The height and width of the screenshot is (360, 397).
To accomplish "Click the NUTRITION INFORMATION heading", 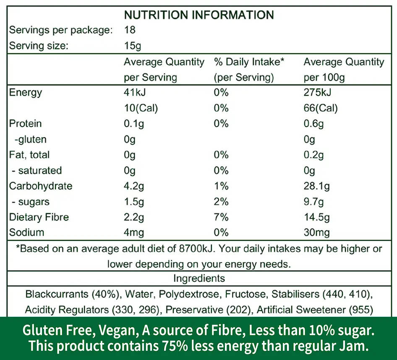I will pyautogui.click(x=198, y=15).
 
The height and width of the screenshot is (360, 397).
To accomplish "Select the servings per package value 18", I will pyautogui.click(x=130, y=30).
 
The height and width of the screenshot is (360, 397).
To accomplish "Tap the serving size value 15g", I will pyautogui.click(x=133, y=46).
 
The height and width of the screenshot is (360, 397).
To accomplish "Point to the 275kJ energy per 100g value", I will pyautogui.click(x=317, y=92).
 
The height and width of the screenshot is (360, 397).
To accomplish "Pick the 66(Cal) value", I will pyautogui.click(x=321, y=108).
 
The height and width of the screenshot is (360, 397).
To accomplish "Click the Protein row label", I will pyautogui.click(x=25, y=124).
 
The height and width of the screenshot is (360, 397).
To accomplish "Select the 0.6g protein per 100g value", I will pyautogui.click(x=313, y=124).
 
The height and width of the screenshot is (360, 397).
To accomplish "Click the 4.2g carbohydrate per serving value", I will pyautogui.click(x=134, y=186).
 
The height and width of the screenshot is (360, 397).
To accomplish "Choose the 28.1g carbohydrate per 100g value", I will pyautogui.click(x=316, y=186).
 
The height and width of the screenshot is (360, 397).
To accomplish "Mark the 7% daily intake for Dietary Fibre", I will pyautogui.click(x=221, y=217).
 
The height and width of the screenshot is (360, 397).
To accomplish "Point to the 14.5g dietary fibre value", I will pyautogui.click(x=316, y=217).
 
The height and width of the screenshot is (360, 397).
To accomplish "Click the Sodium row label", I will pyautogui.click(x=26, y=232).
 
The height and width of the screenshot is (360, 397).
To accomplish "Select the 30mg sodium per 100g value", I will pyautogui.click(x=316, y=232).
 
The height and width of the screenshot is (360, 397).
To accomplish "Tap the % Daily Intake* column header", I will pyautogui.click(x=249, y=62).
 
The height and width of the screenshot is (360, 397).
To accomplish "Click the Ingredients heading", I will pyautogui.click(x=199, y=278).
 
